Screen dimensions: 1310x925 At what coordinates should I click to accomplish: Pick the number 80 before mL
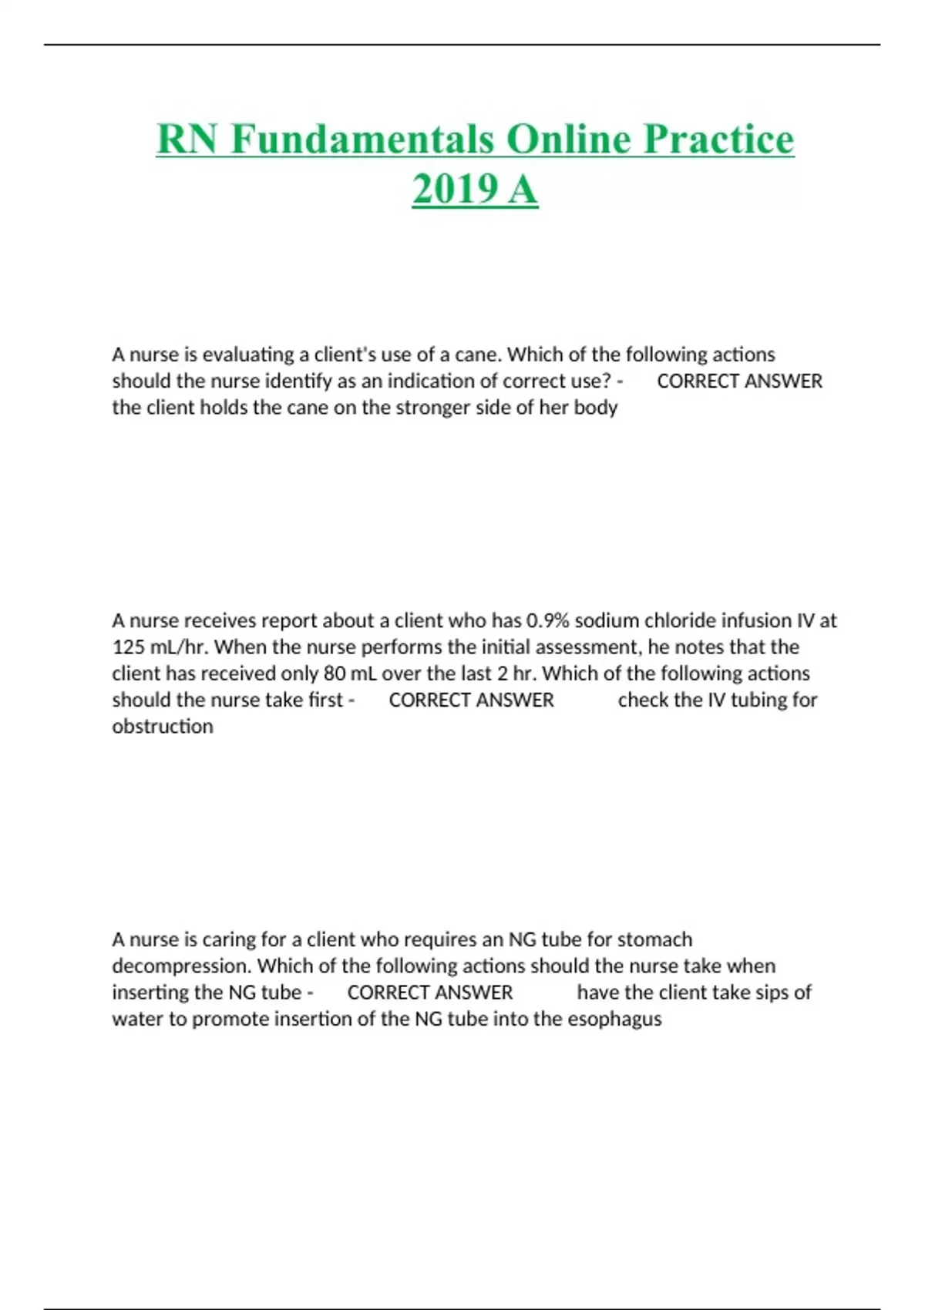point(335,673)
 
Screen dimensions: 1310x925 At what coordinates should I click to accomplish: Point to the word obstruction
point(163,727)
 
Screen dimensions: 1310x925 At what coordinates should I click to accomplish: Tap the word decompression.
point(182,966)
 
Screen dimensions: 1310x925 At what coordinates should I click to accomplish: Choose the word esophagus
point(614,1019)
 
